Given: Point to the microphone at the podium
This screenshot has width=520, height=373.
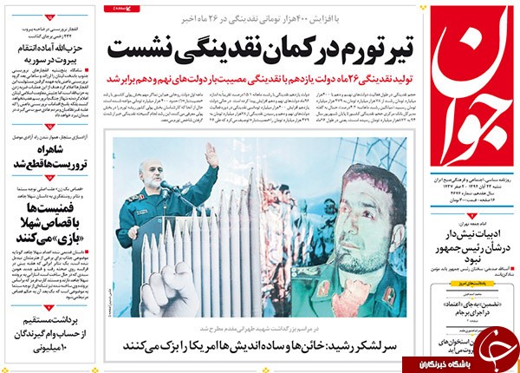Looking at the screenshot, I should pyautogui.click(x=165, y=189).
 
